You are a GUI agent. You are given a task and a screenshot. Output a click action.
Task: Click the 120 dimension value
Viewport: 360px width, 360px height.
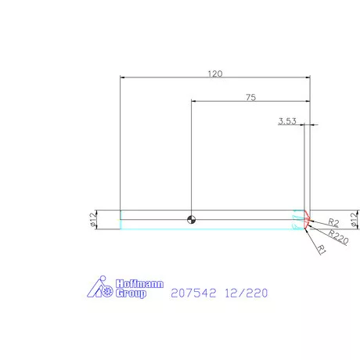click(x=215, y=74)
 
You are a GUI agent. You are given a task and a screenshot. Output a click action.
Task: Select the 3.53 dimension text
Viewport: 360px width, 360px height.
click(x=287, y=121)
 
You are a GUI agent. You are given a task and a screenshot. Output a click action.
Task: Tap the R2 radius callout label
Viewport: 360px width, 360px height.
click(x=333, y=222)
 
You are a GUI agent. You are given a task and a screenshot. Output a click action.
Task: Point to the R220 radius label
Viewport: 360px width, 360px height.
click(x=338, y=234)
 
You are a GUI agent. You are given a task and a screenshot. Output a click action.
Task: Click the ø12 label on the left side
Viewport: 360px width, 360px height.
click(x=93, y=219)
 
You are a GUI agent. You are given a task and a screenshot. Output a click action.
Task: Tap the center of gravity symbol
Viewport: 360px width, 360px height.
click(x=191, y=219)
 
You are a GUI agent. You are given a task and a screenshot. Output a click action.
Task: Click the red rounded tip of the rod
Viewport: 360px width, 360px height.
click(x=308, y=219)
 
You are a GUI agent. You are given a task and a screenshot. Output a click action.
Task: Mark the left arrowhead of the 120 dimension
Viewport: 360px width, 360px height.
click(x=123, y=78)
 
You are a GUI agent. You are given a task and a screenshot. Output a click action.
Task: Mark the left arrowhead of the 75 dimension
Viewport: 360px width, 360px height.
click(x=194, y=102)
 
